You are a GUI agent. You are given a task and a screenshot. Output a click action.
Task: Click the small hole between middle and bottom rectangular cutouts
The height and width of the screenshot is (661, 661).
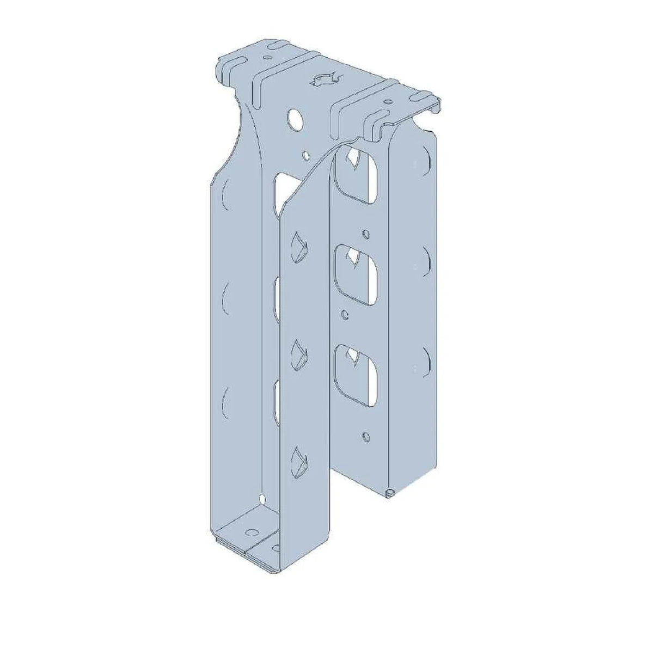344,314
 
